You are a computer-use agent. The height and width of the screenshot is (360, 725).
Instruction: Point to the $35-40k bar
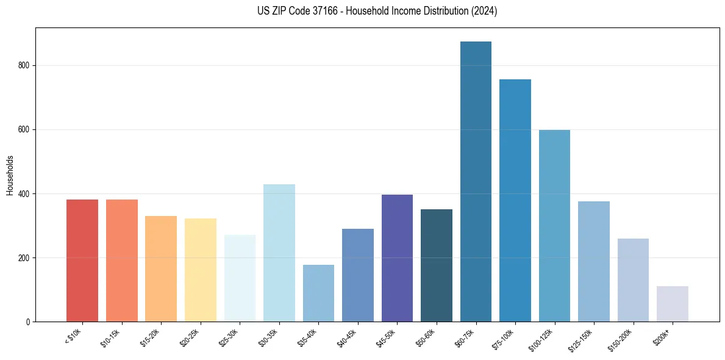coord(318,293)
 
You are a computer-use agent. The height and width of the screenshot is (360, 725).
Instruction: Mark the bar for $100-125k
coord(554,226)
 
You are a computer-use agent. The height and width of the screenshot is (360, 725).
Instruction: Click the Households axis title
coord(10,175)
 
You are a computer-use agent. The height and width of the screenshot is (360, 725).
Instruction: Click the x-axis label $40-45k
coord(348,337)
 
